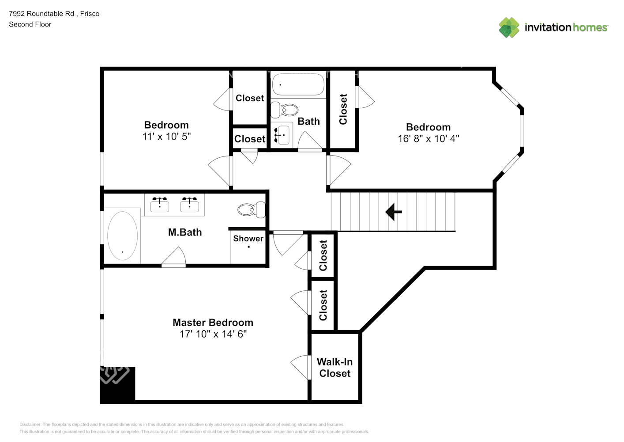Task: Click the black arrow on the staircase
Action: [393, 212]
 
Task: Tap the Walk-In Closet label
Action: [335, 367]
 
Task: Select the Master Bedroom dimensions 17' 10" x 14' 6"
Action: [213, 334]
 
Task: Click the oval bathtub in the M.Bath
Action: [123, 236]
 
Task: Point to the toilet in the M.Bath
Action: [252, 210]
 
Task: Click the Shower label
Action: [248, 239]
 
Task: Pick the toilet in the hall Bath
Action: [285, 110]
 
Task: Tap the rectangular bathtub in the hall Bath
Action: [298, 84]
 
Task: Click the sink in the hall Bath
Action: [282, 135]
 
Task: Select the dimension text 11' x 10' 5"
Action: [166, 137]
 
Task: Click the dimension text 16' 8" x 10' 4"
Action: [429, 139]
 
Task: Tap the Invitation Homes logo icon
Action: [509, 27]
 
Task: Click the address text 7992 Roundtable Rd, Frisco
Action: [54, 14]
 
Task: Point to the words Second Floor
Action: [30, 24]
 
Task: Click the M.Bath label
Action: [185, 232]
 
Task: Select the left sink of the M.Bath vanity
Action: [160, 205]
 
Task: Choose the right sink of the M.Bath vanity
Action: [189, 205]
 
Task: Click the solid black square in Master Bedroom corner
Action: [117, 385]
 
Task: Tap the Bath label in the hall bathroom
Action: [308, 122]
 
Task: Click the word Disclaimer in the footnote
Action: [30, 424]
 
